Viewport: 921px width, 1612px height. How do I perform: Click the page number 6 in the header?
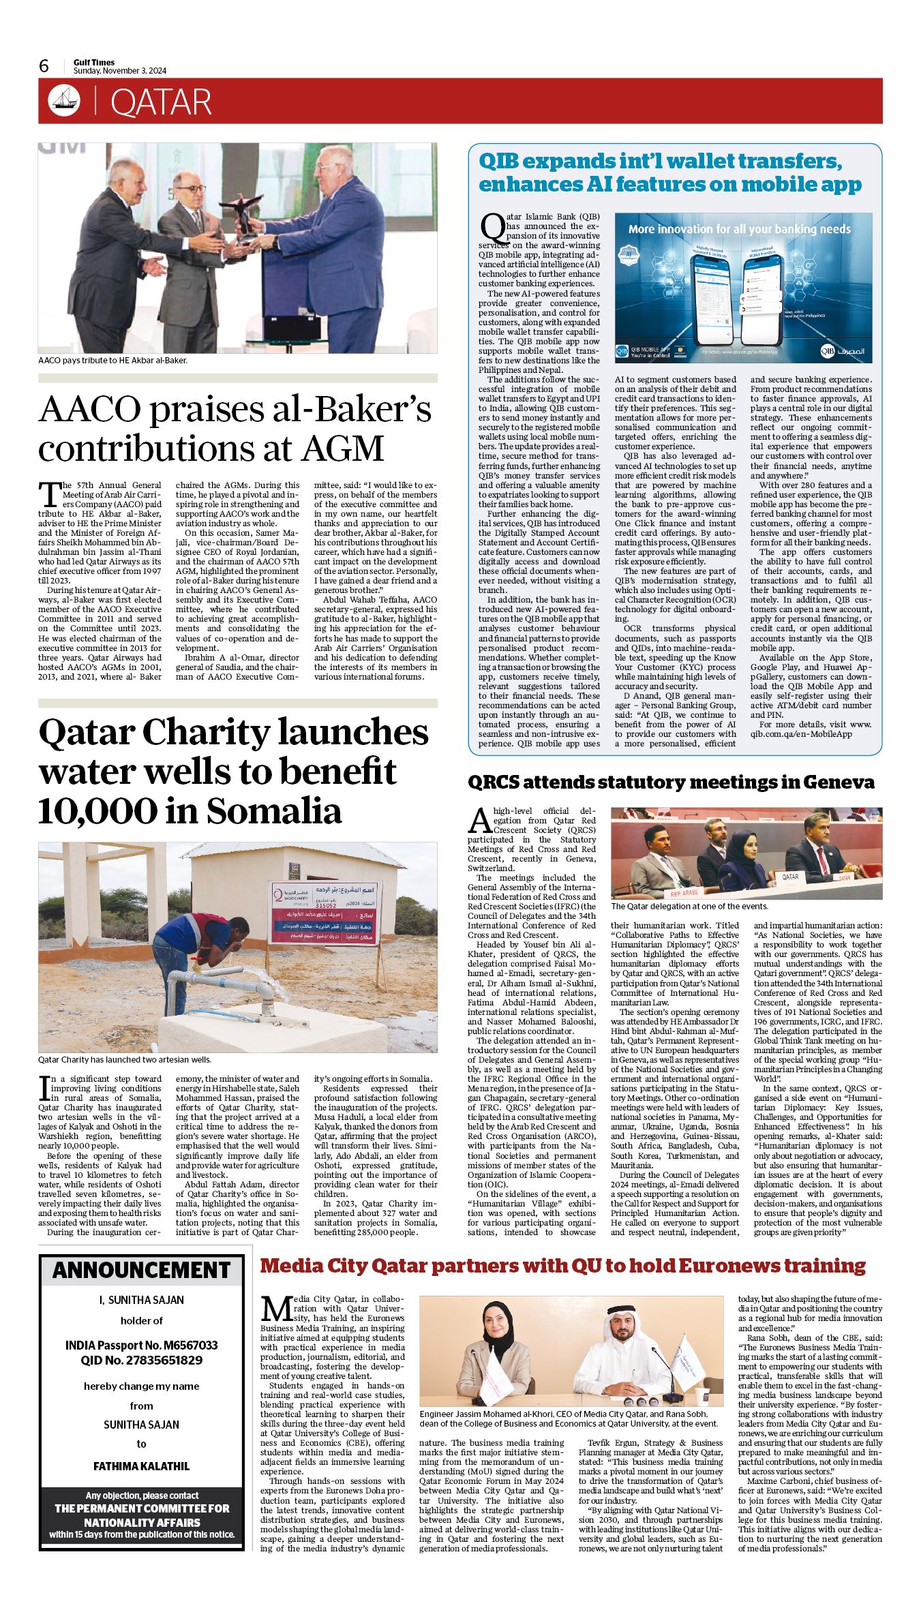coord(44,65)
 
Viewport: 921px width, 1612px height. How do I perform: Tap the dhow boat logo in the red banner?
coord(64,101)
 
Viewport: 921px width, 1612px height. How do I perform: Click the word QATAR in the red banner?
coord(161,102)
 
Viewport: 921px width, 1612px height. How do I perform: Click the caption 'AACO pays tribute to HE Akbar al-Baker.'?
coord(112,360)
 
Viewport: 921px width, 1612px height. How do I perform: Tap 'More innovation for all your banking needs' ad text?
coord(739,229)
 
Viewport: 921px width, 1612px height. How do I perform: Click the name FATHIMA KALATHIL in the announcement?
coord(142,1466)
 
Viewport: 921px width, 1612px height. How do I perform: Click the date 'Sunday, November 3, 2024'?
coord(120,71)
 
